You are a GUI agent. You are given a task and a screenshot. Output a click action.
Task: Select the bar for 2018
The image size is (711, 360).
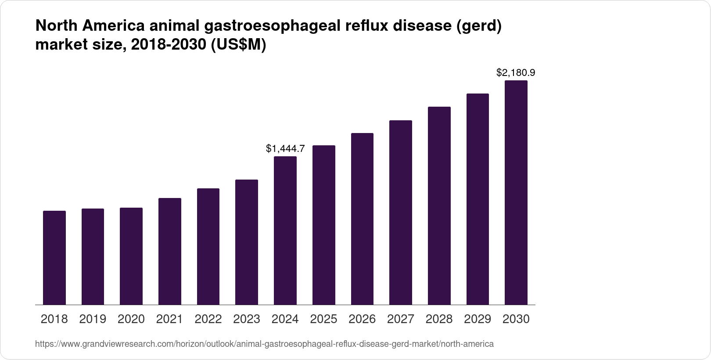54,258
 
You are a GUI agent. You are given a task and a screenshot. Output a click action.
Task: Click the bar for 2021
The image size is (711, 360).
170,251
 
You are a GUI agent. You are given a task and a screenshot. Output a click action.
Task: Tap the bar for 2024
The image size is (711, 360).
285,230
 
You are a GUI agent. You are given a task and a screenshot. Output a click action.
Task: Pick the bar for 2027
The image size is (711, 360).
401,212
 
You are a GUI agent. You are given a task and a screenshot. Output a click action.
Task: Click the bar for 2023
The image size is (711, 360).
247,242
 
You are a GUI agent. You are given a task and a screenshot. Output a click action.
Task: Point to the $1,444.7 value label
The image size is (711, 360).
285,149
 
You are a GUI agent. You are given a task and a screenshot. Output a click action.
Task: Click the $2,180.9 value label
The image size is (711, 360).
516,73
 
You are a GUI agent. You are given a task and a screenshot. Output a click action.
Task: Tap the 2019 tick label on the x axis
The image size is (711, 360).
93,319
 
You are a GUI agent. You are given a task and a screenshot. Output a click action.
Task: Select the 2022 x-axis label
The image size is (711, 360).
208,319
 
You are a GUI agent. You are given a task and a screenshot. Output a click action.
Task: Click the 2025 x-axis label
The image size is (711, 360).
323,319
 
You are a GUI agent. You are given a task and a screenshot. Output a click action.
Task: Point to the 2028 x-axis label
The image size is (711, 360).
439,319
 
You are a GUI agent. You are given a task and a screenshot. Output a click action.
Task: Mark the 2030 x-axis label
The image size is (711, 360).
516,319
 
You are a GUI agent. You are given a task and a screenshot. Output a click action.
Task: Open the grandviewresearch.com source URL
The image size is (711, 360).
264,344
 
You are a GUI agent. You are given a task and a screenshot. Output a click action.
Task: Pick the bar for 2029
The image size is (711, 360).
478,199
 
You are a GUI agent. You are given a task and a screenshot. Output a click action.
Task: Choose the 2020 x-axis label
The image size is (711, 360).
131,319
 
